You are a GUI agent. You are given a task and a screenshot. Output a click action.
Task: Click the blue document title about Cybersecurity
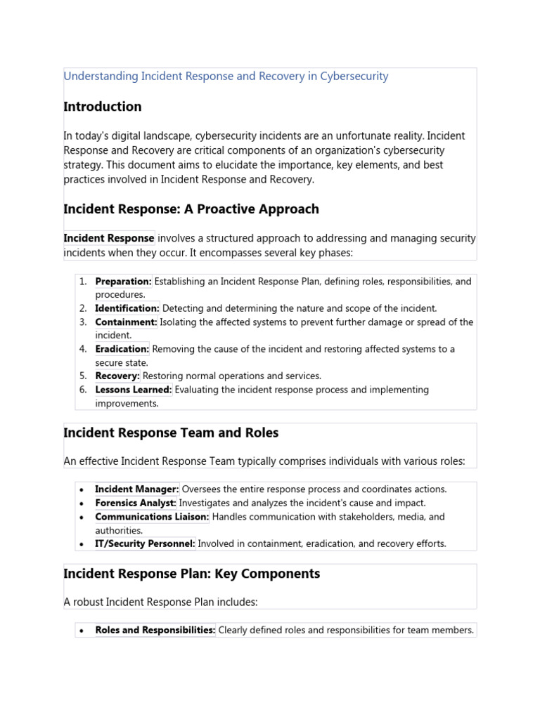pos(226,77)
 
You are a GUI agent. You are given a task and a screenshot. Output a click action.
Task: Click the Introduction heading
pos(102,107)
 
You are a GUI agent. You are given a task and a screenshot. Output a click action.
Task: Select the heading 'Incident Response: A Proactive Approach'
pos(191,209)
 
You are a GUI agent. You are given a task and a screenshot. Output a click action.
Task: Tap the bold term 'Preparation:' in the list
pos(123,282)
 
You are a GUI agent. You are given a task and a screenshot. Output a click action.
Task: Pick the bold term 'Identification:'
pos(127,308)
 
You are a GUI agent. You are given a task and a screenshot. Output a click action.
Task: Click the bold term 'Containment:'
pos(126,322)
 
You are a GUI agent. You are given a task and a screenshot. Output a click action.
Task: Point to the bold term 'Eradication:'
pos(122,349)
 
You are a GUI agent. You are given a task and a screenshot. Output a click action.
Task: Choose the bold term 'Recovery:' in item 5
pos(117,376)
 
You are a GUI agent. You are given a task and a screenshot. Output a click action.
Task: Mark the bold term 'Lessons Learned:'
pos(134,390)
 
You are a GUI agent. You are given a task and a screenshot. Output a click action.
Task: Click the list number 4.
pos(83,349)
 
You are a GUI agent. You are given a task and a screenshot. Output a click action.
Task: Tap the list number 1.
pos(83,282)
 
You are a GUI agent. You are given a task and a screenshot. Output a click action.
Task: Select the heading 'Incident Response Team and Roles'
pos(171,433)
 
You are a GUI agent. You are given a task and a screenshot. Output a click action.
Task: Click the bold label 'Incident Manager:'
pos(137,489)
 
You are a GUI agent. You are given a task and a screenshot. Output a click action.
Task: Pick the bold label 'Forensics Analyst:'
pos(136,503)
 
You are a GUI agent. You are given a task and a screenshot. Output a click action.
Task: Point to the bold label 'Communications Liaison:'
pos(152,517)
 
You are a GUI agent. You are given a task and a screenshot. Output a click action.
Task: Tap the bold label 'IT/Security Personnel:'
pos(146,543)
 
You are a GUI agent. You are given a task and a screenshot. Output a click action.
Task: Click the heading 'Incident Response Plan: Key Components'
pos(191,574)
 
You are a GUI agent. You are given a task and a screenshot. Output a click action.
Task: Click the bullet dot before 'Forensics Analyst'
pos(83,503)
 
